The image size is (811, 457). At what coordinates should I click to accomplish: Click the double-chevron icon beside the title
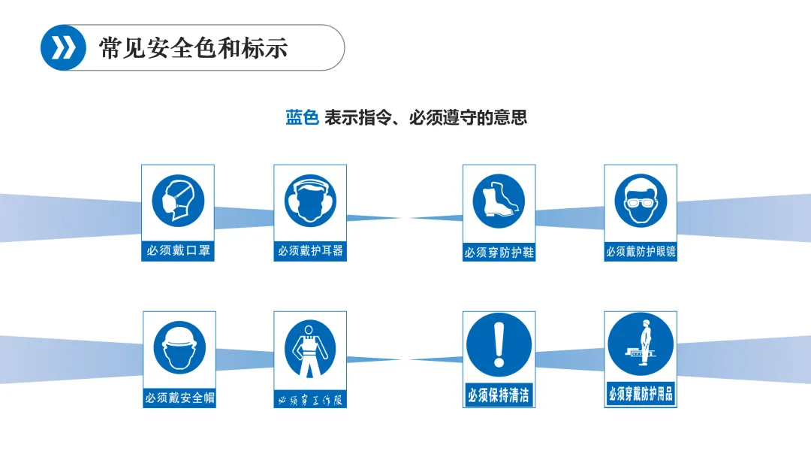[64, 47]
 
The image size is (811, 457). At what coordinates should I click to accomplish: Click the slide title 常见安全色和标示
[194, 47]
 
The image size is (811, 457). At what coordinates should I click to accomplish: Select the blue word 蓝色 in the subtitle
[303, 118]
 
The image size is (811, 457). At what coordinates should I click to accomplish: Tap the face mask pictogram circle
[178, 200]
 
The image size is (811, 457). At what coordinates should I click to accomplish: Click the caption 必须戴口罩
[178, 251]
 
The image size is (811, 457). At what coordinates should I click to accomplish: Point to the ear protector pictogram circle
[310, 200]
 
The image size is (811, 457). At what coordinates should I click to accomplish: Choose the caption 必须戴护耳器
[310, 251]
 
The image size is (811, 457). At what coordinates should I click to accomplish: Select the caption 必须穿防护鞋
[499, 253]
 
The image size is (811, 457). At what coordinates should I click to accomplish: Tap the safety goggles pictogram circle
[641, 200]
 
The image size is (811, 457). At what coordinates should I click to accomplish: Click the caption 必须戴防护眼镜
[641, 252]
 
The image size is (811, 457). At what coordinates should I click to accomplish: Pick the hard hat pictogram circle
[179, 347]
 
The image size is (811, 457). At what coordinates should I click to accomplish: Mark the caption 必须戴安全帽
[179, 398]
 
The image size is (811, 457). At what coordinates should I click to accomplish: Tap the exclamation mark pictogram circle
[499, 345]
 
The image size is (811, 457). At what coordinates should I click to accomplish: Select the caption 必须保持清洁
[499, 395]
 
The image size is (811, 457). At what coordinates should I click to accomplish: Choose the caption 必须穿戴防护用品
[641, 394]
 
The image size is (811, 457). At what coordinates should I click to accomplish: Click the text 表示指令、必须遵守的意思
[426, 118]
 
